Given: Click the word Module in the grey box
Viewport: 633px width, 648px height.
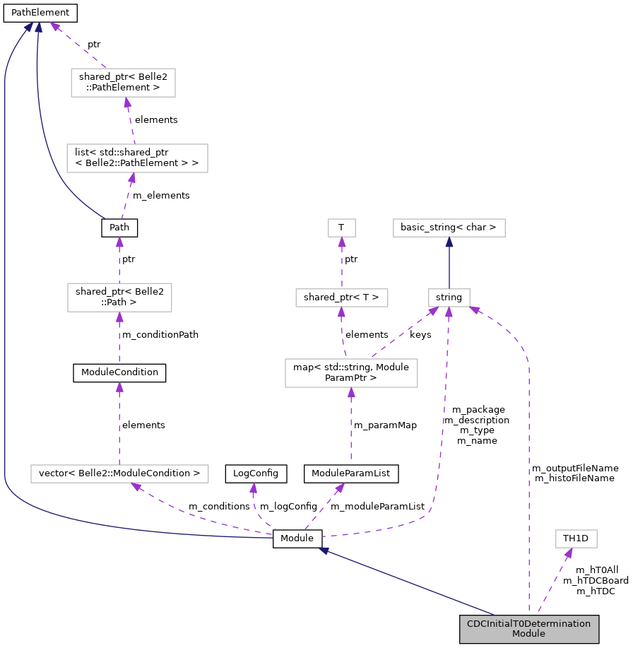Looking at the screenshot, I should (x=528, y=634).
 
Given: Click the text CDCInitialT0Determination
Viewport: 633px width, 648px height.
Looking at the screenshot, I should (x=528, y=624).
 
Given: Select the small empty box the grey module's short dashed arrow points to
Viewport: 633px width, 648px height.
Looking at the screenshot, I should (x=576, y=538).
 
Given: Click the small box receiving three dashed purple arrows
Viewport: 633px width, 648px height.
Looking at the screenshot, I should (x=449, y=298).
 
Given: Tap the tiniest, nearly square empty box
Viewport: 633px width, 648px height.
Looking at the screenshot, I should (x=341, y=228).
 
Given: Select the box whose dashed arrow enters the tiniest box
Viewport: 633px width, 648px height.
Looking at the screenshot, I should (x=341, y=298).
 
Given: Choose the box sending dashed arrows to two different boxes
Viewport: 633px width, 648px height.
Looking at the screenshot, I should (x=351, y=373).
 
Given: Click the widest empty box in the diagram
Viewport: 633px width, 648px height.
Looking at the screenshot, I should (x=119, y=473).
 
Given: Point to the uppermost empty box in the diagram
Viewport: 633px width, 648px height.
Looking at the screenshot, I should (x=123, y=83).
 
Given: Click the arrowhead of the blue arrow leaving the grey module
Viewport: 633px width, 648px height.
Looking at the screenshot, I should (x=324, y=550).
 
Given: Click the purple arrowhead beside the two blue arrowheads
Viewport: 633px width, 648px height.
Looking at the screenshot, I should (x=54, y=27).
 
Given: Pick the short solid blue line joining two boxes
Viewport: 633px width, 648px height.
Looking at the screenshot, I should (x=449, y=265).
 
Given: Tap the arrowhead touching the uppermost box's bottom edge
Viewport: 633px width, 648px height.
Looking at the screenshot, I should (x=127, y=103).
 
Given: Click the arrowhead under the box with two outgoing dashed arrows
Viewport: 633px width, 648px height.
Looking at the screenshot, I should (x=351, y=393).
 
